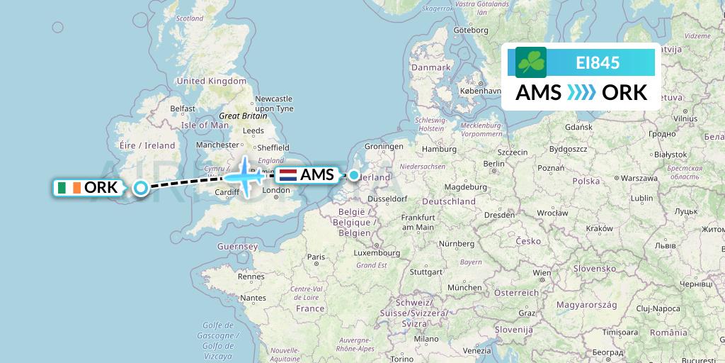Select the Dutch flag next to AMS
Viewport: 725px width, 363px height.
pyautogui.click(x=288, y=174)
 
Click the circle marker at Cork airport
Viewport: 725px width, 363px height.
pyautogui.click(x=141, y=188)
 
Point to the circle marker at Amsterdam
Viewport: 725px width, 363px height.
pyautogui.click(x=353, y=174)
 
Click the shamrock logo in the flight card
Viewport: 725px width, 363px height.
pyautogui.click(x=531, y=62)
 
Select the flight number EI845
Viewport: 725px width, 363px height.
pyautogui.click(x=598, y=63)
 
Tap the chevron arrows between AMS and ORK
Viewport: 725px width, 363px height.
pyautogui.click(x=581, y=93)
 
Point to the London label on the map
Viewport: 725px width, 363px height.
pyautogui.click(x=277, y=191)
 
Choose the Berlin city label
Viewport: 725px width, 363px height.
pyautogui.click(x=494, y=163)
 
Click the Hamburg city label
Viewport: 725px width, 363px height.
pyautogui.click(x=439, y=150)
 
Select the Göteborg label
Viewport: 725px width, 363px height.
pyautogui.click(x=471, y=30)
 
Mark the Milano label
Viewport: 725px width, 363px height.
pyautogui.click(x=426, y=339)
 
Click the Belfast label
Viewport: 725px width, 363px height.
pyautogui.click(x=183, y=108)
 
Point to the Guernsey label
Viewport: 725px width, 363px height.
pyautogui.click(x=239, y=246)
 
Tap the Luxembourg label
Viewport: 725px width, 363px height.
pyautogui.click(x=377, y=252)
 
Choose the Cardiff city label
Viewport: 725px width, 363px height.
pyautogui.click(x=227, y=191)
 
